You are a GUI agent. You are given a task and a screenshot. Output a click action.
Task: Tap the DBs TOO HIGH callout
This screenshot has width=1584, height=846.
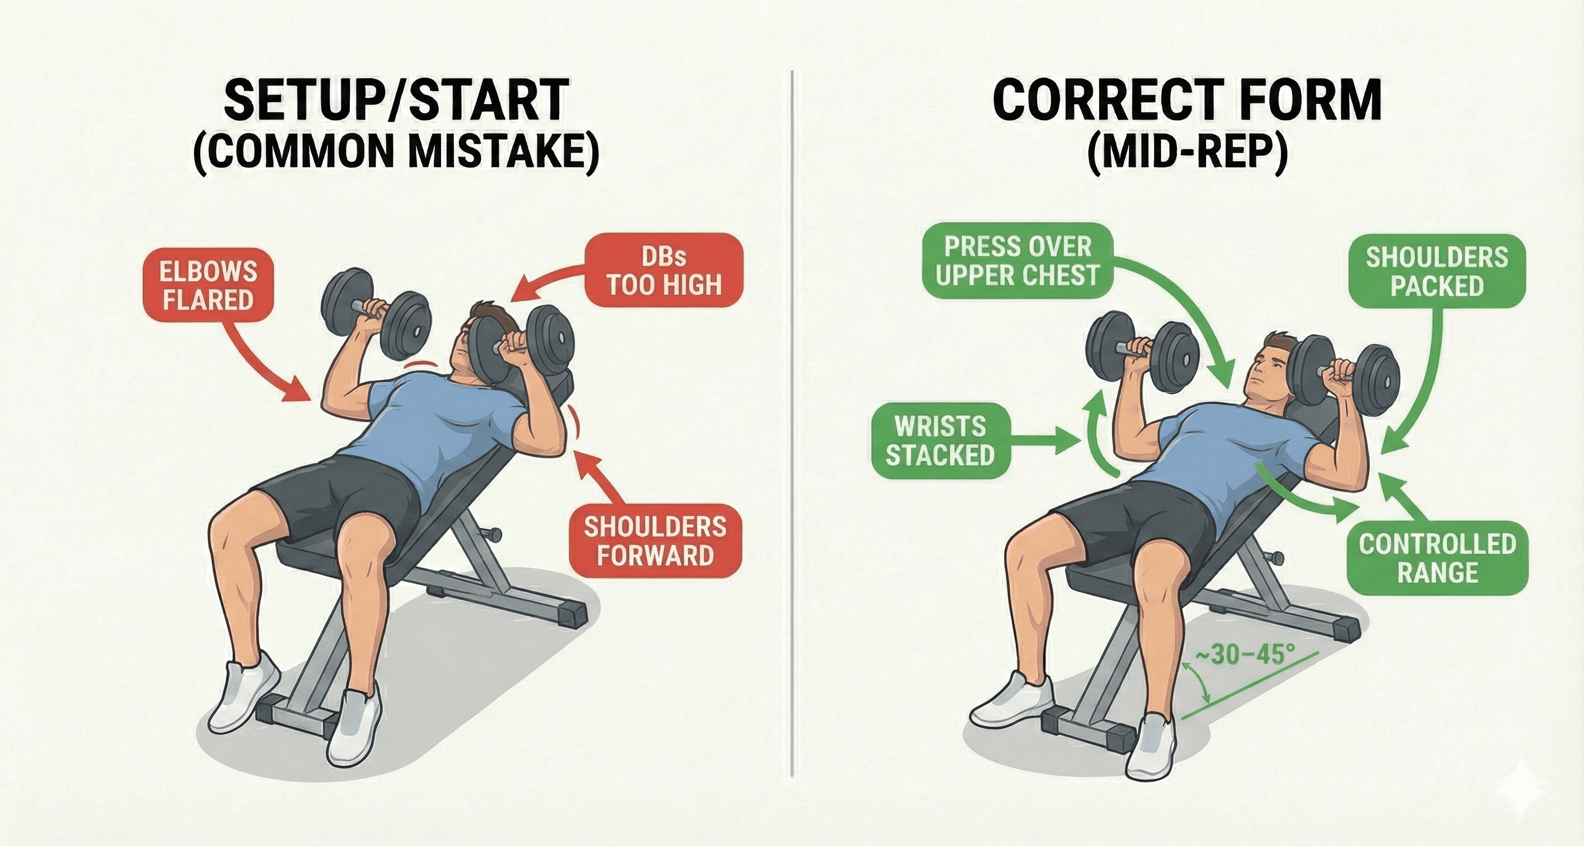pyautogui.click(x=664, y=271)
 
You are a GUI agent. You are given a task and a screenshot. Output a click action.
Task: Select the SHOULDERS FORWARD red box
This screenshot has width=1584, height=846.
pyautogui.click(x=655, y=541)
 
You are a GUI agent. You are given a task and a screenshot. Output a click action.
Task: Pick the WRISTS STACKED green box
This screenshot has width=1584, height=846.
pyautogui.click(x=940, y=441)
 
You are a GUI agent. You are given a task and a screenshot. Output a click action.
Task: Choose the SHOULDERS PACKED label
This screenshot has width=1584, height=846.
pyautogui.click(x=1437, y=271)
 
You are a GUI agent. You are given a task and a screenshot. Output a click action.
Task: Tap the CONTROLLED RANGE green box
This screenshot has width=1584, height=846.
pyautogui.click(x=1437, y=558)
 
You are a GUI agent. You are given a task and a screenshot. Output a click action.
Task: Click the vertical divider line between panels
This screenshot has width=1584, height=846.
pyautogui.click(x=792, y=430)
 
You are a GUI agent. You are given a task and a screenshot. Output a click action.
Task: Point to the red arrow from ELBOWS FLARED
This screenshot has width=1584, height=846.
pyautogui.click(x=258, y=363)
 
